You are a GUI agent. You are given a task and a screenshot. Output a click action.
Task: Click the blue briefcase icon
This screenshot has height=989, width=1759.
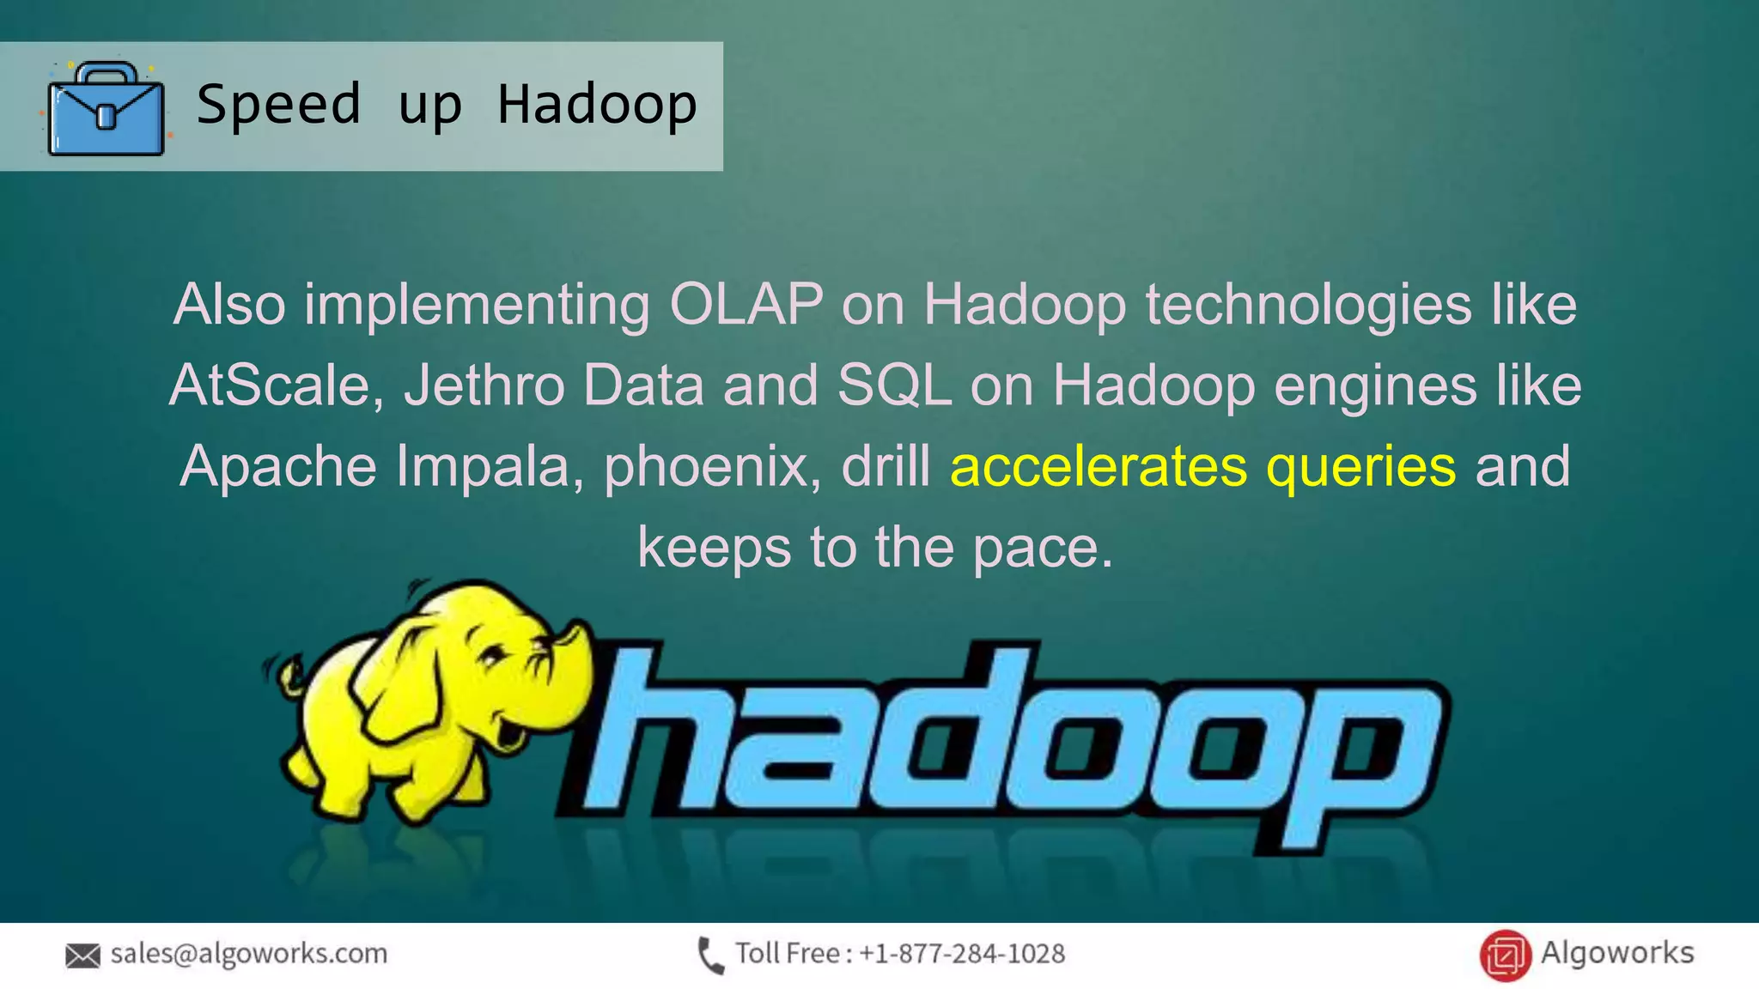click(106, 109)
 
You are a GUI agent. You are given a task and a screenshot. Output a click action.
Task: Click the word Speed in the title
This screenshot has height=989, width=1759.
click(278, 105)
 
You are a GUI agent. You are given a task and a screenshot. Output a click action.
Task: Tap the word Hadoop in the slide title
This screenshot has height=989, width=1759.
click(597, 105)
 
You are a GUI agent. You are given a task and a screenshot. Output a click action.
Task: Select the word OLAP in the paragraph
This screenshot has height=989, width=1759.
click(746, 304)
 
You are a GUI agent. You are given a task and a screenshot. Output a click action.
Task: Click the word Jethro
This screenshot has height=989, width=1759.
click(484, 385)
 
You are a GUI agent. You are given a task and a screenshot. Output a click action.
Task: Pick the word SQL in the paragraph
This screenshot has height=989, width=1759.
click(894, 385)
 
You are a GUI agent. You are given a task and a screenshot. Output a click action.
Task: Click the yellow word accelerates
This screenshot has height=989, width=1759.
click(1099, 465)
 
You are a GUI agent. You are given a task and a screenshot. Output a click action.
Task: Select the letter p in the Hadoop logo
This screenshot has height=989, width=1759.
click(1357, 755)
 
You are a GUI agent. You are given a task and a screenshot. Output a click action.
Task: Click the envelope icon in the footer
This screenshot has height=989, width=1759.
click(82, 955)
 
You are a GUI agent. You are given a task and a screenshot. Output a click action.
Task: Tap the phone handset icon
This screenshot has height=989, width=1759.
click(710, 956)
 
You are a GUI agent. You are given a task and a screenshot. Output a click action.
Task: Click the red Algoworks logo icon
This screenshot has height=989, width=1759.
click(1505, 955)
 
